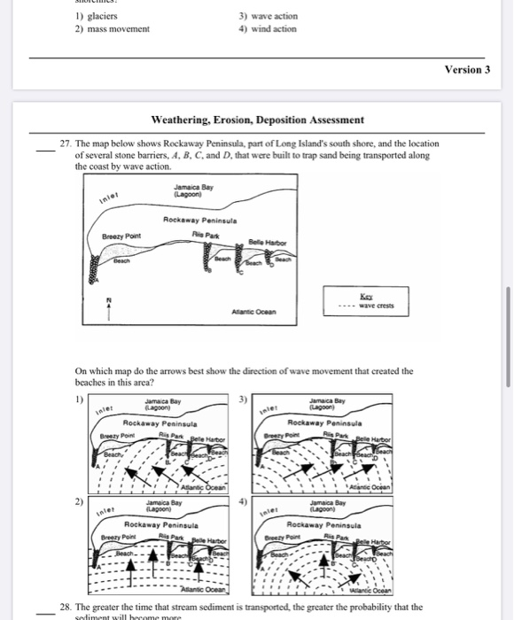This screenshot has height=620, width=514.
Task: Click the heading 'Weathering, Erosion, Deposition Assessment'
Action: [257, 120]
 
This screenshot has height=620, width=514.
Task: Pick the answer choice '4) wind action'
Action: [268, 28]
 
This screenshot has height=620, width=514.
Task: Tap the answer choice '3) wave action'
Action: [269, 16]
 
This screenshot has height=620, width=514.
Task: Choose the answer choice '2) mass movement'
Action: [113, 28]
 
